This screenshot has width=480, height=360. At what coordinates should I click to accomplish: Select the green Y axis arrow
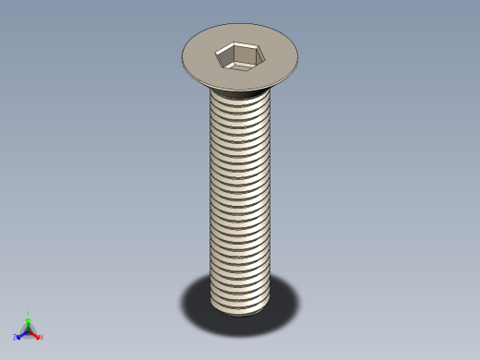(29, 322)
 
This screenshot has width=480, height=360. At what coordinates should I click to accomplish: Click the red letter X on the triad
(42, 337)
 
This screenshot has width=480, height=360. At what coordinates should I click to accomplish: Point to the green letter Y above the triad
(29, 313)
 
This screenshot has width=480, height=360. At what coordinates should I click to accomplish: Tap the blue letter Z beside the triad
(15, 338)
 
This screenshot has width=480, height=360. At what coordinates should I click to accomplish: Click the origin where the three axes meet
(29, 330)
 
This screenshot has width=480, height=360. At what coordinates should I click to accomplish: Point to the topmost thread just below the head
(240, 99)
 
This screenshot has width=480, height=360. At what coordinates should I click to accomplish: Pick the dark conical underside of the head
(242, 90)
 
